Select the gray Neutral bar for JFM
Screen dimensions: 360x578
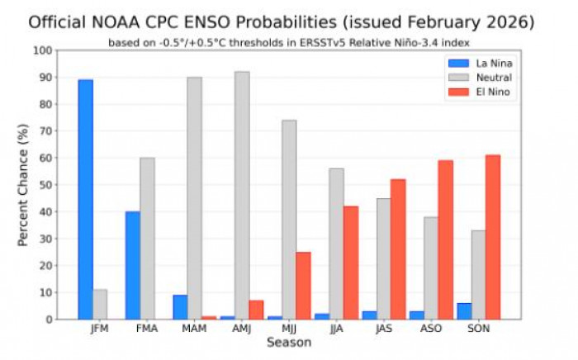(100, 304)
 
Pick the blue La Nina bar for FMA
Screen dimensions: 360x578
(133, 265)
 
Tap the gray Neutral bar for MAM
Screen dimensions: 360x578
(195, 198)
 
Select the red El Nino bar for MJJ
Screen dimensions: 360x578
(304, 286)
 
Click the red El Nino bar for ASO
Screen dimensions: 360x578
(446, 239)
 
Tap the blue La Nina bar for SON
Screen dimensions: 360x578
(463, 311)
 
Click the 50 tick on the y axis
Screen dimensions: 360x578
(45, 185)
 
